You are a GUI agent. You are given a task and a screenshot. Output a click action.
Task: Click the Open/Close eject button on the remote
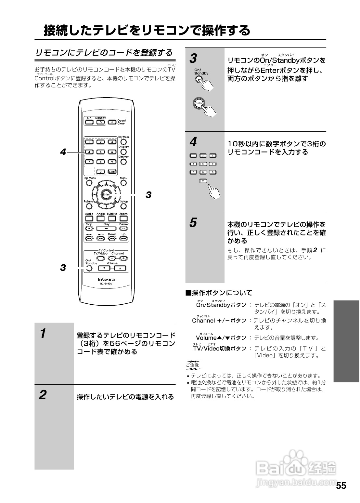coord(112,122)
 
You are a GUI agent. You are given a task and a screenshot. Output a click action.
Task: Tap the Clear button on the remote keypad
coord(112,172)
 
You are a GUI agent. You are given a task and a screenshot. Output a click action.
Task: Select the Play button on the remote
coord(106,229)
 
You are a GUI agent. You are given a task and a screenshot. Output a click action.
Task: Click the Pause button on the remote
coord(123,229)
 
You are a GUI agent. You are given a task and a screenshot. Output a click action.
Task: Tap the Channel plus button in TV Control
coord(123,258)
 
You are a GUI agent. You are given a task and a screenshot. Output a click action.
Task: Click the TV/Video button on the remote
coord(101,258)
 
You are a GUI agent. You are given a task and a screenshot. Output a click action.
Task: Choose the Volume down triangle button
coord(104,269)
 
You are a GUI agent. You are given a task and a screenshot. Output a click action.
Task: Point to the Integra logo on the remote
coord(106,279)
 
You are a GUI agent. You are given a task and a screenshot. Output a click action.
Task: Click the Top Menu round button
coord(89,183)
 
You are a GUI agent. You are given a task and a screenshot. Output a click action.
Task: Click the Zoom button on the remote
coord(123,218)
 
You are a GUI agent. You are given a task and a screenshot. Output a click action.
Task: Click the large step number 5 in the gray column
coord(193,223)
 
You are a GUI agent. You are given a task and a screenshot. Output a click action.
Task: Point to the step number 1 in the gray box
coord(43,334)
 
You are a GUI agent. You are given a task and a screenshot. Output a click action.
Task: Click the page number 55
coord(341,486)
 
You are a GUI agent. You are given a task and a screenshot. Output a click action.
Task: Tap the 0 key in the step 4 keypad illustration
coord(203,180)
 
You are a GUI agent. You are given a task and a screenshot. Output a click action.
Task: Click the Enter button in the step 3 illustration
coord(199,103)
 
